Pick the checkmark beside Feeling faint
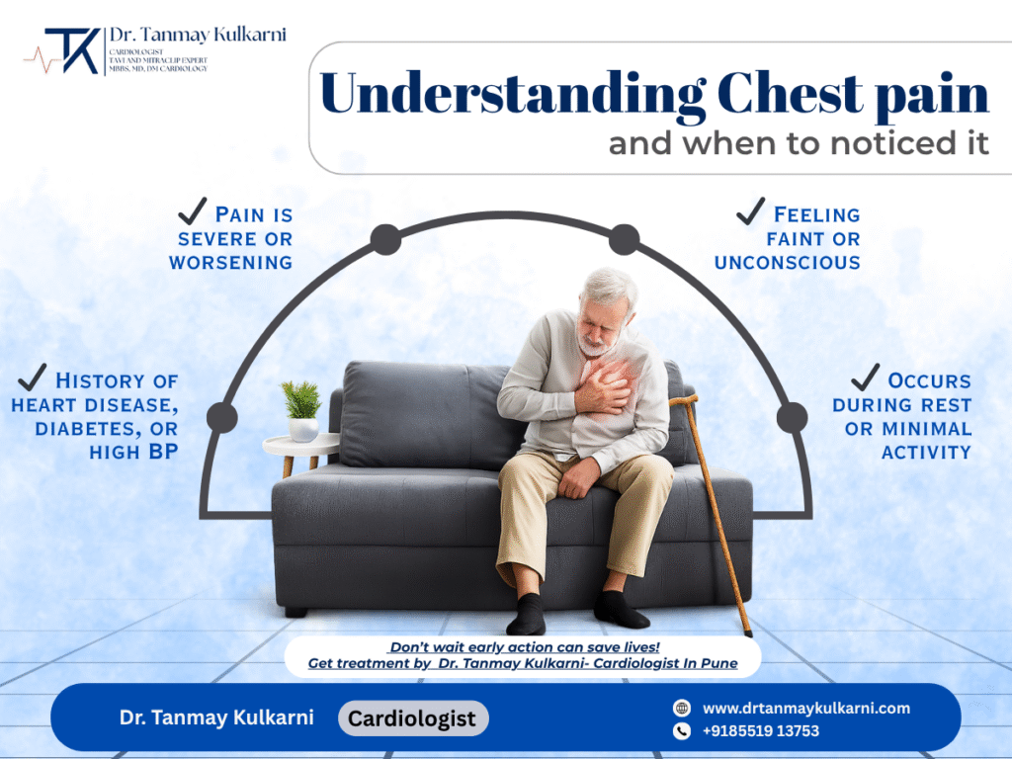[751, 211]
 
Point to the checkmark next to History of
[33, 377]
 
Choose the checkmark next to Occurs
[865, 377]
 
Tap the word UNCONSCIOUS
[787, 262]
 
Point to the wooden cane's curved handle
[683, 402]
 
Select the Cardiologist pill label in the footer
[414, 718]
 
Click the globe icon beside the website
[681, 708]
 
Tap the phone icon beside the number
[681, 731]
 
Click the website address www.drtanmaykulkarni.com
[806, 708]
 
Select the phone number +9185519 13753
[761, 731]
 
